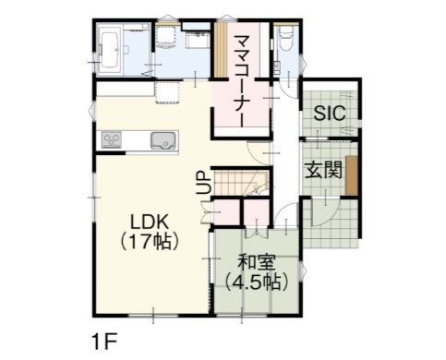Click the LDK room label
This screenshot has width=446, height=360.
[150, 222]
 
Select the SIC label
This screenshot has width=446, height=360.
[330, 113]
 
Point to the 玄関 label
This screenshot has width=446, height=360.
[323, 171]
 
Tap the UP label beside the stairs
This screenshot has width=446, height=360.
[203, 182]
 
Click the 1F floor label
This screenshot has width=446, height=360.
[105, 342]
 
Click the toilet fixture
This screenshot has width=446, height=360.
[286, 38]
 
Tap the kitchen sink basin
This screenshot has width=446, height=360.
[164, 140]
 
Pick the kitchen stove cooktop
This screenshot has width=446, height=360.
[112, 140]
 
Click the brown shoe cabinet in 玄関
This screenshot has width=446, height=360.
[352, 175]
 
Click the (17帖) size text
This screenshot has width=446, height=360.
[150, 241]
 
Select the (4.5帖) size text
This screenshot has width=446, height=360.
[257, 282]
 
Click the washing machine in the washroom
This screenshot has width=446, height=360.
[165, 37]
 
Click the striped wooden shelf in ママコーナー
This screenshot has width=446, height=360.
[221, 49]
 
